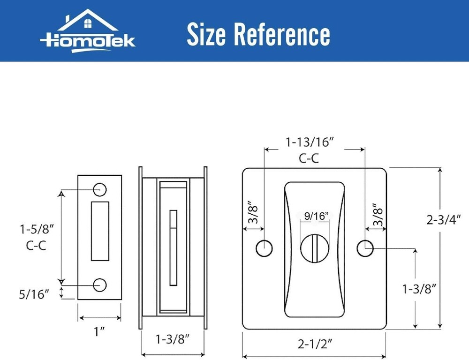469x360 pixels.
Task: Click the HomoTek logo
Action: (x=88, y=30)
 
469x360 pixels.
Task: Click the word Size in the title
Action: (x=205, y=34)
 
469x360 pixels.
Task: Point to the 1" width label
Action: (x=99, y=332)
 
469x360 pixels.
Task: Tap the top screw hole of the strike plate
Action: (x=99, y=189)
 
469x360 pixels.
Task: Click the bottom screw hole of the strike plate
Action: (x=99, y=284)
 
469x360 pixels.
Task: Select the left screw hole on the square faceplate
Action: (x=264, y=248)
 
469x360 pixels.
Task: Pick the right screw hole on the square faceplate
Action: (x=364, y=248)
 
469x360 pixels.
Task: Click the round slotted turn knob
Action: (x=315, y=246)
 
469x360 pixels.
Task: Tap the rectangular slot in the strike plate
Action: (x=99, y=231)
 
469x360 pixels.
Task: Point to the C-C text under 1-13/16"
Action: (x=309, y=158)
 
